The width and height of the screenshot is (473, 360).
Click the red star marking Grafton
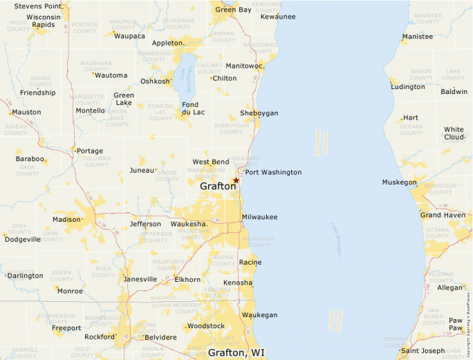236,180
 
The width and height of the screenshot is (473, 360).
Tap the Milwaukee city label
259,217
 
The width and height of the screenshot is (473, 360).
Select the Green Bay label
233,10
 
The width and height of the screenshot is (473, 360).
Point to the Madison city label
66,220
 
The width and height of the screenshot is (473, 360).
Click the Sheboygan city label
259,113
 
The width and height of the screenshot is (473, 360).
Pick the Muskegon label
399,182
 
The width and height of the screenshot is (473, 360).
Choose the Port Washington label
273,172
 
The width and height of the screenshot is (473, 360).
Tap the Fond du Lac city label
194,108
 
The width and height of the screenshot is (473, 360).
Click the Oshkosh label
155,81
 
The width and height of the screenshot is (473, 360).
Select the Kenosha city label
238,283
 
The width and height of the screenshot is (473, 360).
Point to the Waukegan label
259,315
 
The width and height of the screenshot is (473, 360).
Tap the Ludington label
408,87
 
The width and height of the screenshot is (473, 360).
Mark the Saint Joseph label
423,351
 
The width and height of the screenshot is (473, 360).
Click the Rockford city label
99,337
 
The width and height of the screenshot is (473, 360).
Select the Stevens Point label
37,6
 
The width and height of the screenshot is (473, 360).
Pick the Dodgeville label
23,240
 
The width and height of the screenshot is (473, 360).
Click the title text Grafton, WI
236,352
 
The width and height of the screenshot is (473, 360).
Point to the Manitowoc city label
245,66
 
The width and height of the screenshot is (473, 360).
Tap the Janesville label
140,279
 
